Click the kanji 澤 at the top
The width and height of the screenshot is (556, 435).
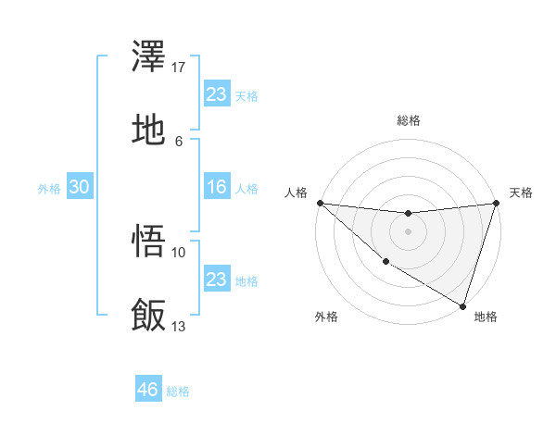pyautogui.click(x=149, y=57)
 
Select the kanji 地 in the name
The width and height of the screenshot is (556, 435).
pyautogui.click(x=149, y=130)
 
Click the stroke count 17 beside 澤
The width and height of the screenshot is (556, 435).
pyautogui.click(x=179, y=68)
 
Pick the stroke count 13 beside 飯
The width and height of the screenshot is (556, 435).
pyautogui.click(x=179, y=326)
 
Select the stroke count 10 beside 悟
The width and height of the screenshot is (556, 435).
pyautogui.click(x=179, y=252)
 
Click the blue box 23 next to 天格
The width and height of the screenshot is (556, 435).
pyautogui.click(x=216, y=94)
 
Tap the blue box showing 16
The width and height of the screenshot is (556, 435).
pyautogui.click(x=216, y=187)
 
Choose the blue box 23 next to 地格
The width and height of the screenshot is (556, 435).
pyautogui.click(x=216, y=280)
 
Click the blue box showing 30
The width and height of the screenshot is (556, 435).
pyautogui.click(x=80, y=187)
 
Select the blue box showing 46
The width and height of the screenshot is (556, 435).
pyautogui.click(x=148, y=390)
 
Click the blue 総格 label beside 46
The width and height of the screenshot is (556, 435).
pyautogui.click(x=178, y=391)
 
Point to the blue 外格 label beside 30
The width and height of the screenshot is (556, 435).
pyautogui.click(x=49, y=188)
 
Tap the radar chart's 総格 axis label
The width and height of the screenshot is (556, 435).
pyautogui.click(x=409, y=120)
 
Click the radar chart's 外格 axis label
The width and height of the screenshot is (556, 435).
pyautogui.click(x=326, y=317)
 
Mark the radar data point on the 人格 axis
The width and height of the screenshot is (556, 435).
pyautogui.click(x=320, y=203)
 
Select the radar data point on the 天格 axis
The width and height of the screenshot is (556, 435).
pyautogui.click(x=496, y=204)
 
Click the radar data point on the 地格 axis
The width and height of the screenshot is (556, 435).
pyautogui.click(x=462, y=305)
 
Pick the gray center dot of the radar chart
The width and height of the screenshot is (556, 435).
pyautogui.click(x=408, y=231)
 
